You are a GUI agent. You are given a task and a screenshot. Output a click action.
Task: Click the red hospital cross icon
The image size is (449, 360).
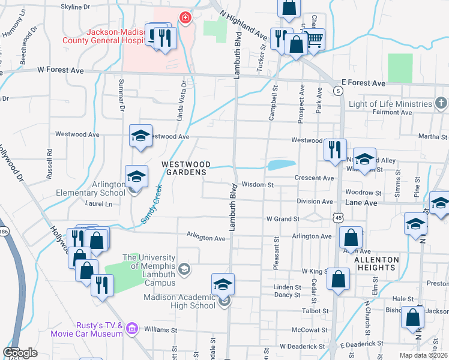(185, 17)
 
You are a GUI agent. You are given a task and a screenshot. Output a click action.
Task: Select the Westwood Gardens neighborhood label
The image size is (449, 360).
(185, 167)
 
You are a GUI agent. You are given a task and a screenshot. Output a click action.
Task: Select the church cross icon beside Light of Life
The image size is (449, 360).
(441, 103)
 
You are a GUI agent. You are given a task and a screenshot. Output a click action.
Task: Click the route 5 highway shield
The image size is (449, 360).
(339, 91)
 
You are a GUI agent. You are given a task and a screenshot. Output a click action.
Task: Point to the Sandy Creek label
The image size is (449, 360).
(151, 204)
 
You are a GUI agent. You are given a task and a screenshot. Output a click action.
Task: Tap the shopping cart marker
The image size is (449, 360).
(315, 39)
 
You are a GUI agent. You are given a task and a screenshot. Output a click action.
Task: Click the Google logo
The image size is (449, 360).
(20, 353)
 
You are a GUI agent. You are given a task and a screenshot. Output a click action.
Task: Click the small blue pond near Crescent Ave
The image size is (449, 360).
(280, 165)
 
